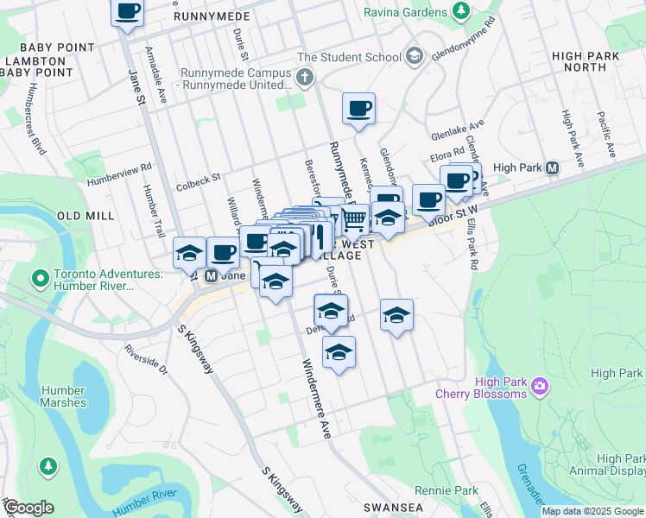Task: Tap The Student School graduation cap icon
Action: pyautogui.click(x=415, y=57)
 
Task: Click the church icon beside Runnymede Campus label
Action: pyautogui.click(x=303, y=79)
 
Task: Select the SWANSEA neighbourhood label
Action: pyautogui.click(x=390, y=508)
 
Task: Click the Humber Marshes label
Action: pyautogui.click(x=63, y=396)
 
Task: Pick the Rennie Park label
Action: pyautogui.click(x=446, y=490)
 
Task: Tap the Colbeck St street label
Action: pyautogui.click(x=199, y=177)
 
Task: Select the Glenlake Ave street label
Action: pyautogui.click(x=458, y=131)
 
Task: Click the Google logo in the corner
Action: pyautogui.click(x=28, y=508)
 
